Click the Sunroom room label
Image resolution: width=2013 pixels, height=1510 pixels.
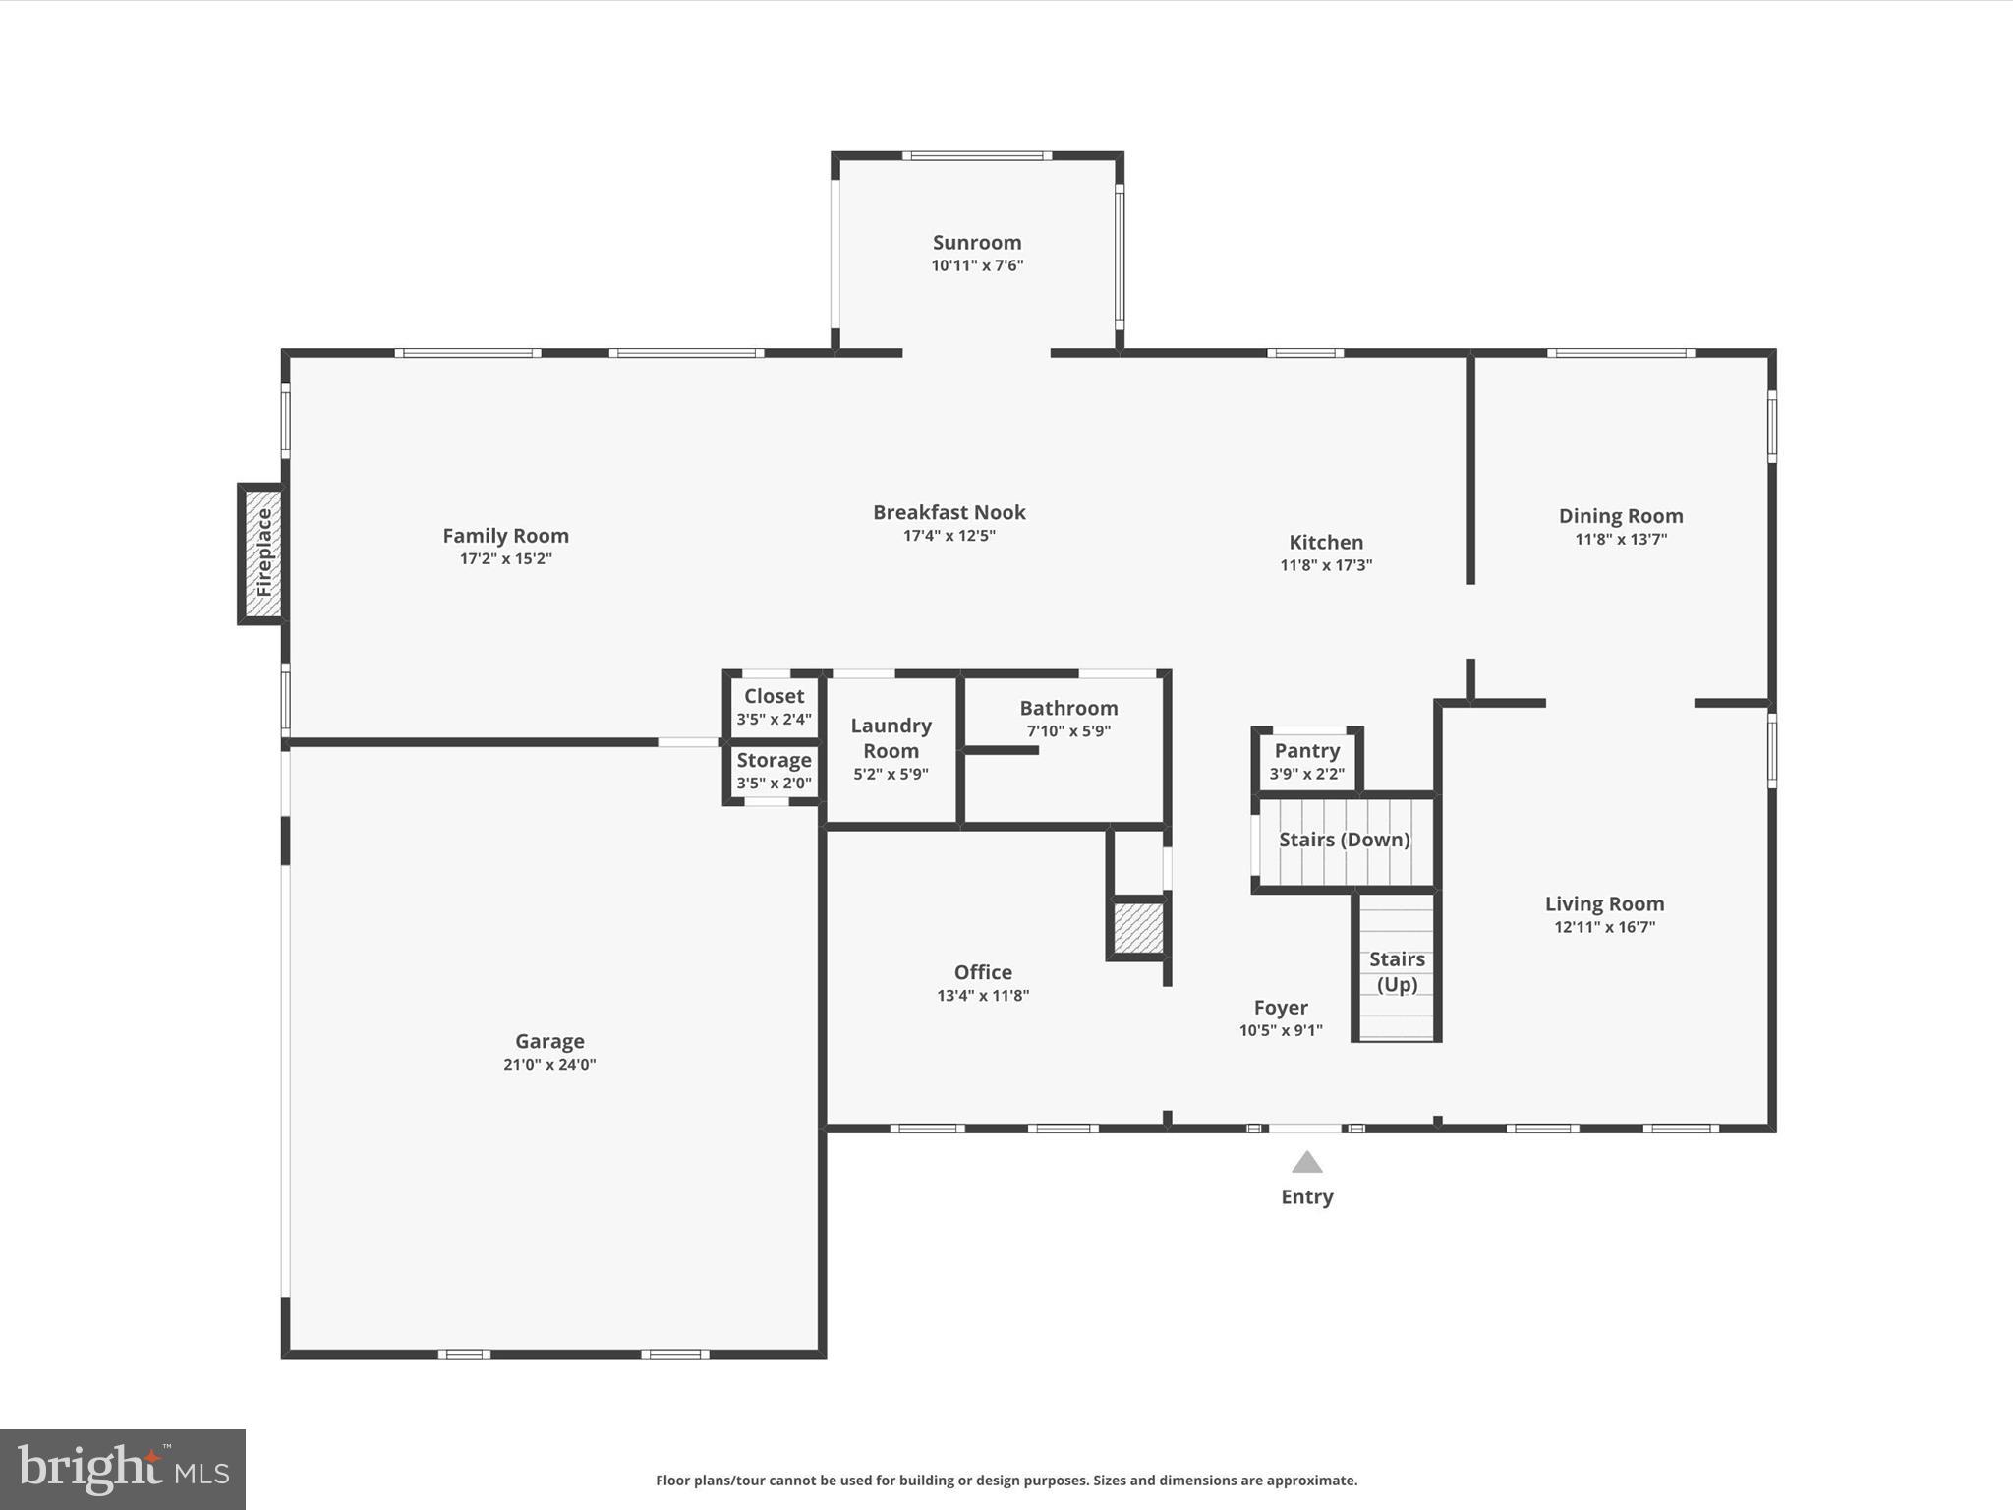pos(977,243)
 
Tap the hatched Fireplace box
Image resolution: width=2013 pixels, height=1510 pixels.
pos(262,553)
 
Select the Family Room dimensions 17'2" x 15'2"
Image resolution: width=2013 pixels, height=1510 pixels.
pos(505,559)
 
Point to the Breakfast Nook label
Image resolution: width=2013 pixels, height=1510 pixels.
pos(949,512)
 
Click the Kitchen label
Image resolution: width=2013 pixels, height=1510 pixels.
pos(1325,542)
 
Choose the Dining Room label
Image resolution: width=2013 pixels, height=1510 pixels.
pos(1620,516)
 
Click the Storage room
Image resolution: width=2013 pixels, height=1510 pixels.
pos(774,771)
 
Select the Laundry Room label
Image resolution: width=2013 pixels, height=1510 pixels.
pos(891,738)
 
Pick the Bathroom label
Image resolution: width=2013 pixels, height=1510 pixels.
pos(1068,708)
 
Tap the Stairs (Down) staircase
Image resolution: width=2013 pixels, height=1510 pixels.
pos(1344,841)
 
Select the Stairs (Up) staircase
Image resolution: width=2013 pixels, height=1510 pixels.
pos(1396,970)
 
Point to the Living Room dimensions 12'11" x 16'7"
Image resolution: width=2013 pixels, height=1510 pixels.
pos(1604,927)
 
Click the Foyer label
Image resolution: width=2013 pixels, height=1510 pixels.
pos(1280,1008)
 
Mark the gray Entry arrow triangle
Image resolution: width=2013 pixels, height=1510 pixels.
pos(1306,1164)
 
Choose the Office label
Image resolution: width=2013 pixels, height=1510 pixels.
pos(983,972)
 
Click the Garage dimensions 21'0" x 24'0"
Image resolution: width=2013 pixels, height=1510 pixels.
pos(549,1065)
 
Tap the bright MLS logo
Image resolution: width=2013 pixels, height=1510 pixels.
pos(123,1469)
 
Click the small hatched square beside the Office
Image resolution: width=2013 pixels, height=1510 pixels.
pos(1138,927)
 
